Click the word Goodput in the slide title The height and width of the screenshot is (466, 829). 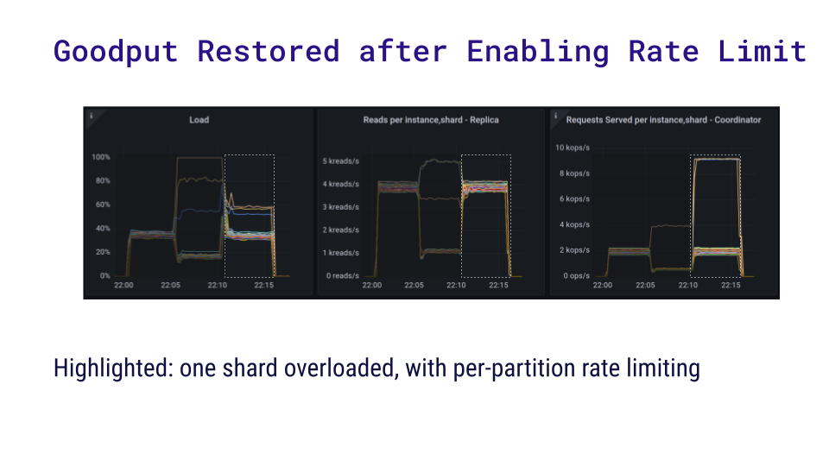click(116, 52)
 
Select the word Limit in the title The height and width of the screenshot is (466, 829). click(762, 52)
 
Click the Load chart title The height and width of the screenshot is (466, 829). click(199, 120)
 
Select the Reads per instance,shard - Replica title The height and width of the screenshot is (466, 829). click(431, 120)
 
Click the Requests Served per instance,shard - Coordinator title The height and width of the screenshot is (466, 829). click(663, 120)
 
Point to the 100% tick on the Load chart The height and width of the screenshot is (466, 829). click(101, 157)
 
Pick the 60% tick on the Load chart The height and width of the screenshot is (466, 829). click(103, 205)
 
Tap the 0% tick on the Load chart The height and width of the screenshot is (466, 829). click(104, 276)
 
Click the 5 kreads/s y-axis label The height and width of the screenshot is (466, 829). click(341, 161)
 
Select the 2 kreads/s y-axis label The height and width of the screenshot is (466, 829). click(341, 230)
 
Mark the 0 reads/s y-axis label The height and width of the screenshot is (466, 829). click(343, 276)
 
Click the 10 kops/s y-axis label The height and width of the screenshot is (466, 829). click(572, 148)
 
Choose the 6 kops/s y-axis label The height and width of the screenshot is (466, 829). click(574, 198)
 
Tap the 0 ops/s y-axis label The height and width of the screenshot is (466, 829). click(576, 276)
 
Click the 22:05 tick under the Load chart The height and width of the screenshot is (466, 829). click(170, 285)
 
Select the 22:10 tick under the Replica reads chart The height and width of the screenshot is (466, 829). click(456, 285)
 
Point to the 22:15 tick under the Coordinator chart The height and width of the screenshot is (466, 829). click(731, 285)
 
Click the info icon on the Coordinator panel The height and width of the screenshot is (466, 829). click(555, 115)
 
